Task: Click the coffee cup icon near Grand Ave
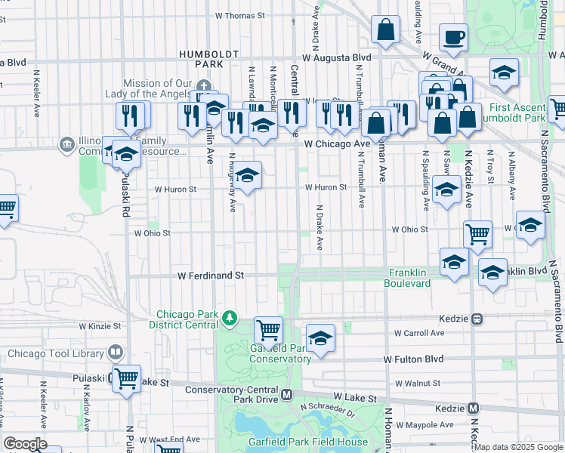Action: tap(453, 37)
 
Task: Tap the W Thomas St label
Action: tap(240, 15)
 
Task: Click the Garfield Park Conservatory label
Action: tap(279, 353)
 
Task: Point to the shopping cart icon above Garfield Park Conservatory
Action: tap(268, 329)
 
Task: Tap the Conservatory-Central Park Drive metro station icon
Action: tap(286, 394)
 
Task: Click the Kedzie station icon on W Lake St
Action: tap(474, 408)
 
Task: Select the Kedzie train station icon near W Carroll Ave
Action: tap(477, 319)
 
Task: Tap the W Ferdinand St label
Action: tap(211, 276)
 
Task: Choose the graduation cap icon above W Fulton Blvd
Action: tap(320, 337)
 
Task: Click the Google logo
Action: tap(25, 444)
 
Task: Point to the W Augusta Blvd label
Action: tap(337, 57)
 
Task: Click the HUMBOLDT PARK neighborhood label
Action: tap(201, 60)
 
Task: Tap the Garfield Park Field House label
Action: tap(308, 442)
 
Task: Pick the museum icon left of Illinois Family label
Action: tap(67, 143)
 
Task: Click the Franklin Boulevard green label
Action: tap(409, 278)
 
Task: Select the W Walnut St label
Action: tap(416, 384)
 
